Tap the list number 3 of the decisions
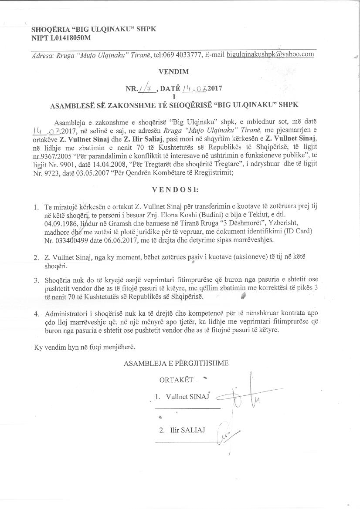(x=36, y=280)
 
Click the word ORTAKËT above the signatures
(x=176, y=380)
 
